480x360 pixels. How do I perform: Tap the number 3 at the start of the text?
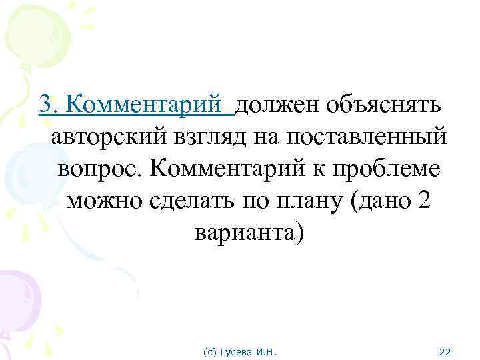(x=45, y=104)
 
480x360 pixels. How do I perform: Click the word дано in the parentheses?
(x=376, y=201)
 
